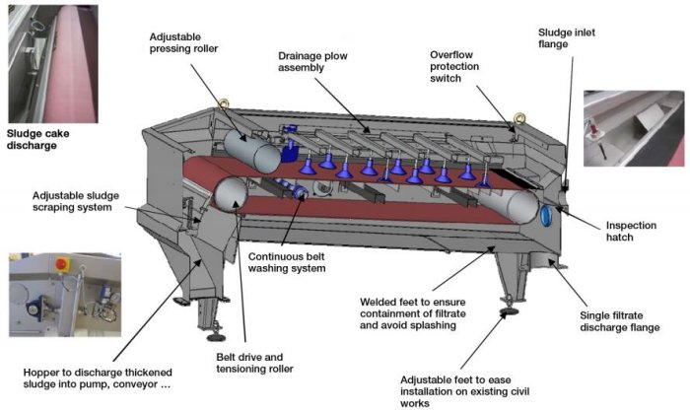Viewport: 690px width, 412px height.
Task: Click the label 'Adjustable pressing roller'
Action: coord(183,42)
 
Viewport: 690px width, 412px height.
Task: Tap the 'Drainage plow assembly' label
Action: coord(312,62)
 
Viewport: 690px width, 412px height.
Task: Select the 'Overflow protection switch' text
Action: coord(454,66)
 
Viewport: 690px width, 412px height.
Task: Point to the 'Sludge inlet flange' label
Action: coord(567,38)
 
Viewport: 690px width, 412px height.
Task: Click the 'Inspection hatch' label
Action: coord(631,231)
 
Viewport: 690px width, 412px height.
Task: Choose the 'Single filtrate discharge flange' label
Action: coord(620,321)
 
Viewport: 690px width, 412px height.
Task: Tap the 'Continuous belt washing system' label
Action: coord(287,262)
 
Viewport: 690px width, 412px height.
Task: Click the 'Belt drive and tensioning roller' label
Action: coord(254,363)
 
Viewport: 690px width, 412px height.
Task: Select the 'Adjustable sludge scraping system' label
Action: coord(75,201)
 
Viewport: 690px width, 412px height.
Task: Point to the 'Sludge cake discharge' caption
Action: coord(37,139)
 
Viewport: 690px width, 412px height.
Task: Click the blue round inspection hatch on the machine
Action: coord(546,216)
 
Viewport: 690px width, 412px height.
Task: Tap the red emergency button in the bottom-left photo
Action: coord(61,264)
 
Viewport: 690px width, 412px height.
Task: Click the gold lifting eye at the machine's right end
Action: coord(519,118)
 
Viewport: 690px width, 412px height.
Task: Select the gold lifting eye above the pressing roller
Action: coord(224,103)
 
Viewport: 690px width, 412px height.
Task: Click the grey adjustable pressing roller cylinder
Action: coord(252,152)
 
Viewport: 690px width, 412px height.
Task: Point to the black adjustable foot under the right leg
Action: coord(510,311)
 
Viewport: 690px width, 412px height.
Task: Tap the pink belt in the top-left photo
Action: coord(70,64)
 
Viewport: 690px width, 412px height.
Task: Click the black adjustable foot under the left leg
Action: coord(216,338)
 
